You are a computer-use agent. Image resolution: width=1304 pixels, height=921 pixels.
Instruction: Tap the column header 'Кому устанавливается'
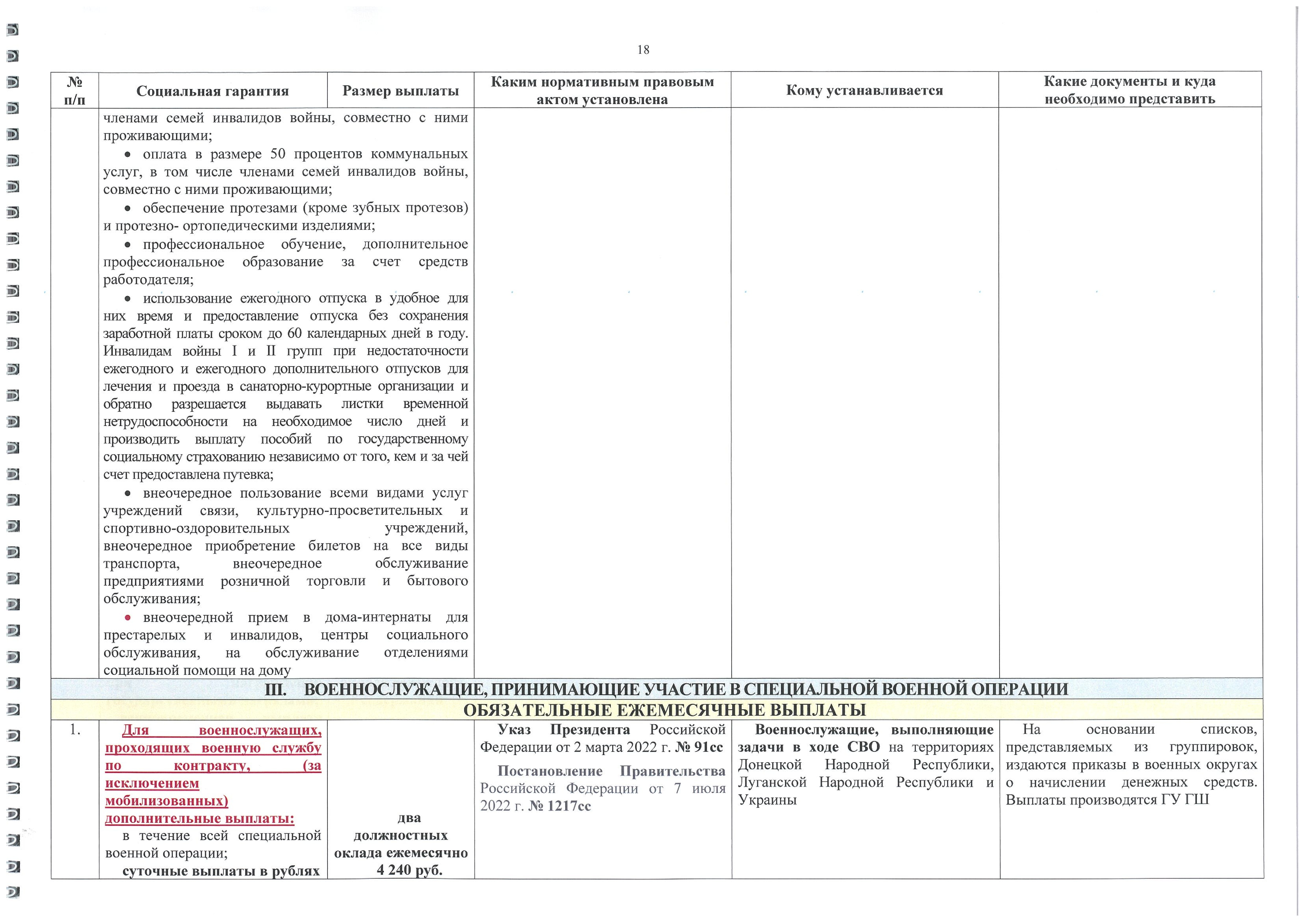(864, 90)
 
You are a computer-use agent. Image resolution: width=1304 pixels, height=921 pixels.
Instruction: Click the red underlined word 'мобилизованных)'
(167, 801)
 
